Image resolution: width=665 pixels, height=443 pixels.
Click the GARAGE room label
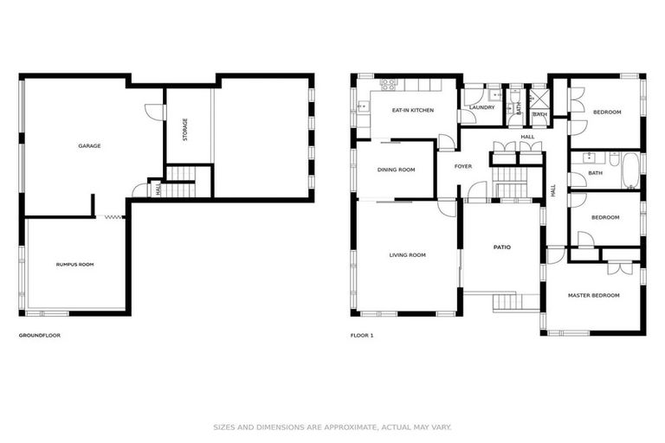(x=89, y=145)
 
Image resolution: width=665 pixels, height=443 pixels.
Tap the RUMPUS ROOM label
(x=74, y=264)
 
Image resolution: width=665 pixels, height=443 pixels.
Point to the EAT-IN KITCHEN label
(x=412, y=111)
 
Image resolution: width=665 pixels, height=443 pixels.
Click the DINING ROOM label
(x=396, y=170)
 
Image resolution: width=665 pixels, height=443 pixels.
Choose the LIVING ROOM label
(x=407, y=254)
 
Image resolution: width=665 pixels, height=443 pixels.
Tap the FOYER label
(x=463, y=166)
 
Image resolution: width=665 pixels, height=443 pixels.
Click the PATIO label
(x=502, y=247)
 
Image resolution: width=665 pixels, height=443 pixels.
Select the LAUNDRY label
(x=481, y=107)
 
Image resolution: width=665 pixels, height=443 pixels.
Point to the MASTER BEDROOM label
(x=593, y=295)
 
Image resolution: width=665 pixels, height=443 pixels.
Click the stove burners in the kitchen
(x=386, y=84)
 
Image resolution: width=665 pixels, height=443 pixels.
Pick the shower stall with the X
(x=539, y=97)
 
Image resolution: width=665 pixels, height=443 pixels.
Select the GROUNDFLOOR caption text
(x=40, y=335)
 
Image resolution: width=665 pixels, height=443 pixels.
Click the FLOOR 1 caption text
(x=362, y=335)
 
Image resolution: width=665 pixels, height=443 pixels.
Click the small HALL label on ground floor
(x=158, y=188)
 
